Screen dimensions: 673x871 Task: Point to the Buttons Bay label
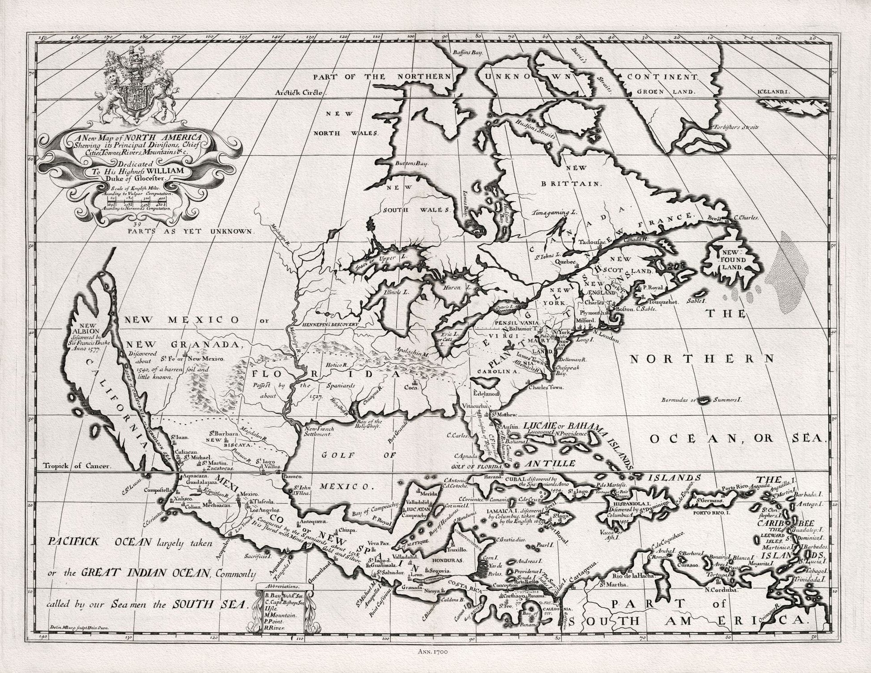pyautogui.click(x=411, y=164)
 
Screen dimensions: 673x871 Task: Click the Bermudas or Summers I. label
pyautogui.click(x=701, y=399)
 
